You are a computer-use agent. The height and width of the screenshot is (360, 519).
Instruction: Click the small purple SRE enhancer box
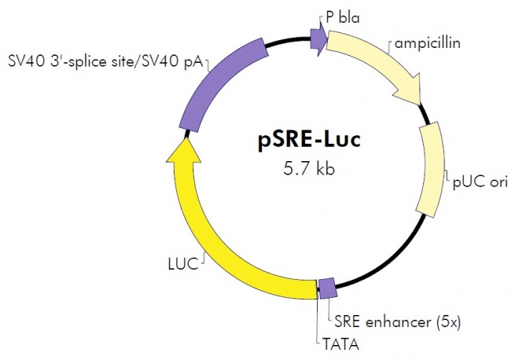(x=327, y=288)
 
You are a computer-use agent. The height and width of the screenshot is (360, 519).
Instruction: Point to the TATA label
(x=340, y=343)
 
